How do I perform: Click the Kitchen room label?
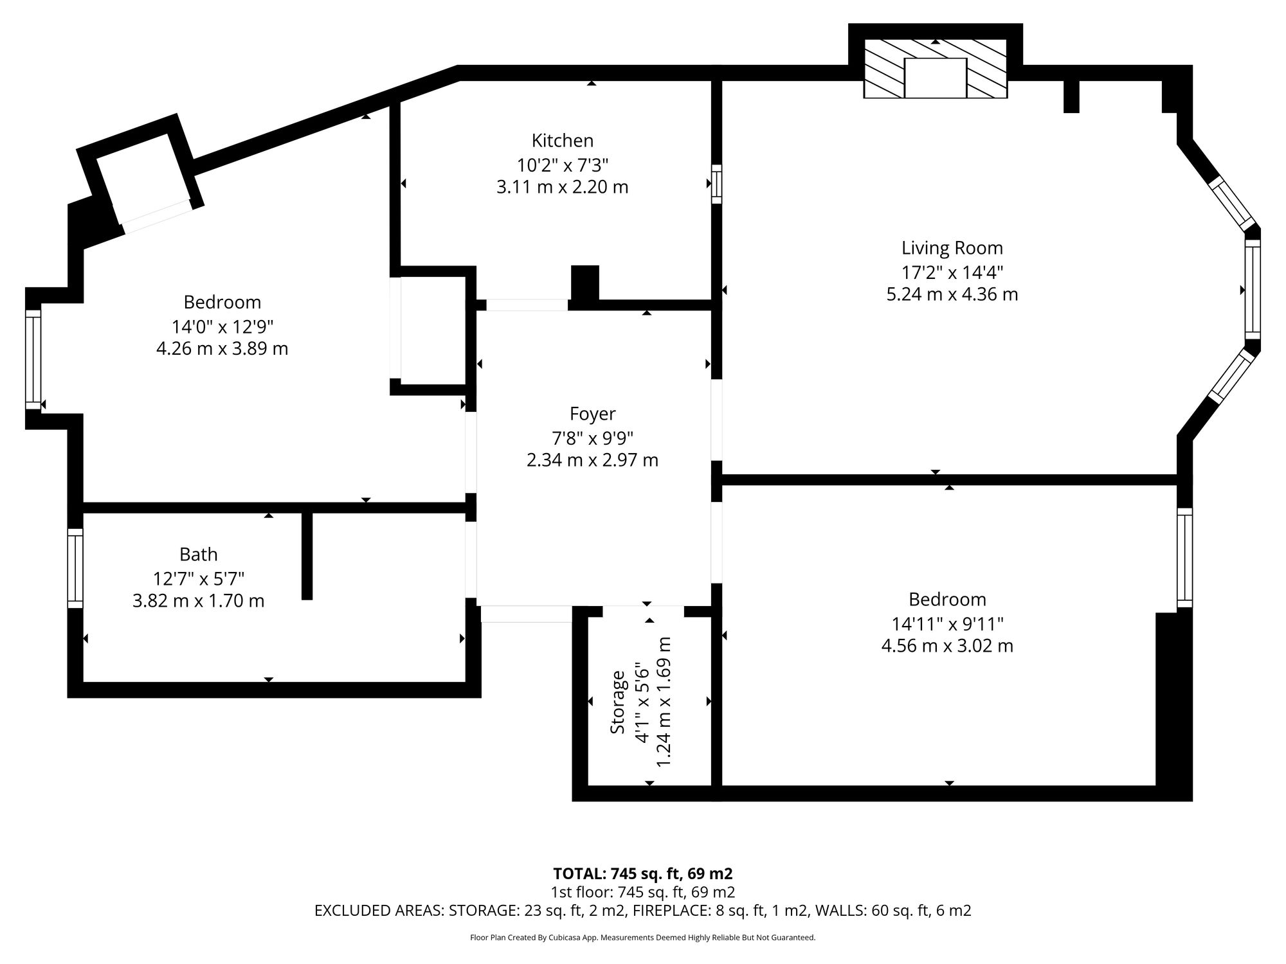pyautogui.click(x=562, y=140)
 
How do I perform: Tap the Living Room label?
pyautogui.click(x=952, y=247)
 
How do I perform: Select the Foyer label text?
pyautogui.click(x=592, y=414)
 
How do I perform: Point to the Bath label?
pyautogui.click(x=198, y=554)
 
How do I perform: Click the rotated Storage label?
pyautogui.click(x=617, y=702)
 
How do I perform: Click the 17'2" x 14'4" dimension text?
pyautogui.click(x=952, y=272)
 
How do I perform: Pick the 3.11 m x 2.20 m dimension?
pyautogui.click(x=562, y=187)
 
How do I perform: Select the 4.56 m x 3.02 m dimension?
pyautogui.click(x=947, y=646)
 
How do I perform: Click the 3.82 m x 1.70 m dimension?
pyautogui.click(x=198, y=601)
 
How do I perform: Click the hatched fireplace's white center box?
pyautogui.click(x=936, y=78)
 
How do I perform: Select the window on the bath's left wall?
pyautogui.click(x=75, y=568)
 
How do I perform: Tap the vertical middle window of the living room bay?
pyautogui.click(x=1252, y=289)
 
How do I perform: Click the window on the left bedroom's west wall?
pyautogui.click(x=33, y=359)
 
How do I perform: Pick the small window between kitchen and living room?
pyautogui.click(x=716, y=184)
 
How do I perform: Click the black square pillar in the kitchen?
pyautogui.click(x=585, y=283)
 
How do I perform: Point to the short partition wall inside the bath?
pyautogui.click(x=307, y=556)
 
